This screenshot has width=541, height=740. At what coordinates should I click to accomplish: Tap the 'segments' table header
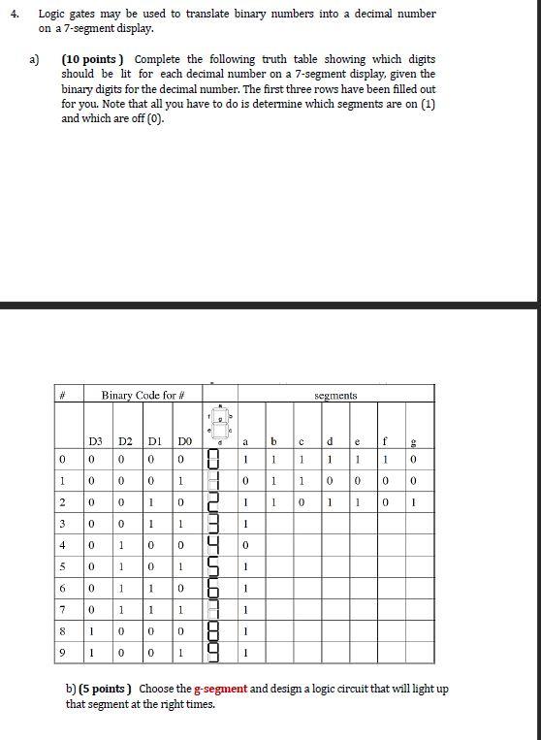[335, 396]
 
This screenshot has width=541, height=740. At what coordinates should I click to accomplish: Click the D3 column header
[95, 442]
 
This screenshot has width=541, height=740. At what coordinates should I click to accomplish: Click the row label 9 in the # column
[62, 653]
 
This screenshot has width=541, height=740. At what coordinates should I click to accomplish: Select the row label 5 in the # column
[62, 564]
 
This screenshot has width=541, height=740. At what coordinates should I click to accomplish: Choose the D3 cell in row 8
[95, 630]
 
